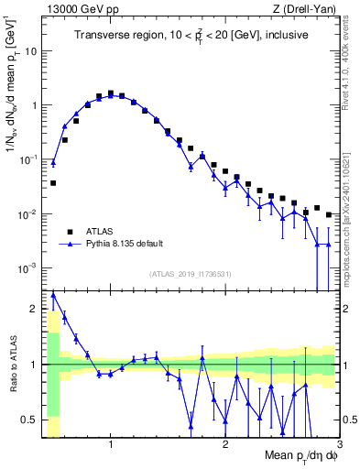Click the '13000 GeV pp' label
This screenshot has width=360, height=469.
(75, 9)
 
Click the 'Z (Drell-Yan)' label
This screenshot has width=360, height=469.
(309, 9)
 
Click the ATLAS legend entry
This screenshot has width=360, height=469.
(99, 232)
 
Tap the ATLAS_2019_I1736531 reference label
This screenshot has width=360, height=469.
(191, 274)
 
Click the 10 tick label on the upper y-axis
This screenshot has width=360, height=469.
(29, 51)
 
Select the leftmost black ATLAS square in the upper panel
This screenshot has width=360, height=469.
(53, 183)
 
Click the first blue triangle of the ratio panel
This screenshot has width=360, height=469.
(53, 294)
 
